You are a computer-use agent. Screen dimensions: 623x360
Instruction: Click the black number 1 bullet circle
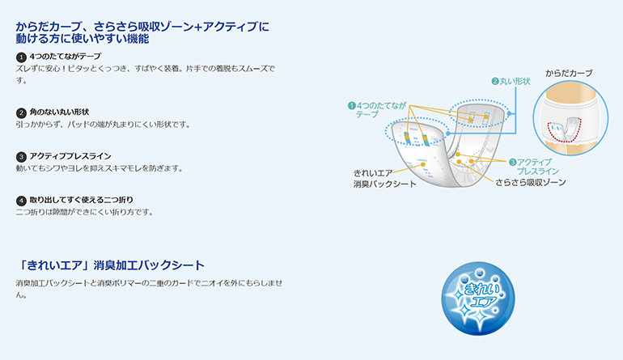coord(21,57)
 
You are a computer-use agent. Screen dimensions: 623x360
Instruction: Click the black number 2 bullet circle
coord(21,112)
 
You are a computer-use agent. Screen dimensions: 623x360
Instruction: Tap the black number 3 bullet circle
coord(21,157)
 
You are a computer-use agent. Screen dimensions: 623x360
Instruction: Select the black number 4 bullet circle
coord(21,201)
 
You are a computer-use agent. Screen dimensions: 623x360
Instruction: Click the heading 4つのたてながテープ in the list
coord(66,57)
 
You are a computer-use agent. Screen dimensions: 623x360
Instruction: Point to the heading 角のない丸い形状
coord(59,112)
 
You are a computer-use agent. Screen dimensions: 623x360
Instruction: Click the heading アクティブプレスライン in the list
coord(70,156)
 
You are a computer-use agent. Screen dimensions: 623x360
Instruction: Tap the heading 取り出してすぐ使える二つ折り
coord(82,200)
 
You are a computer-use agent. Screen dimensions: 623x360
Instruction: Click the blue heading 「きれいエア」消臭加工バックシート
coord(111,265)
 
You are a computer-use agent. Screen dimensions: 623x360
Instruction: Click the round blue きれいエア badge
coord(478,298)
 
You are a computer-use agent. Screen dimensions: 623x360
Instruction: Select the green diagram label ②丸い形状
coord(511,82)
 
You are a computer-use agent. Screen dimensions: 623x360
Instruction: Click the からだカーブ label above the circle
coord(569,73)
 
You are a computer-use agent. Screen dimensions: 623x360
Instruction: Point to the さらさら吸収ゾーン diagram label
coord(531,182)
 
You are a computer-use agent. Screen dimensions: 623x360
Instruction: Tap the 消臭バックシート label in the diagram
coord(384,184)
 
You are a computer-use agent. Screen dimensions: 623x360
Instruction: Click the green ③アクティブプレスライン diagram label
coord(534,167)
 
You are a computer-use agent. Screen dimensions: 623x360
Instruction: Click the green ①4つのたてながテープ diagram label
coord(377,110)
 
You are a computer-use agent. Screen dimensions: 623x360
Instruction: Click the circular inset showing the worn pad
coord(570,118)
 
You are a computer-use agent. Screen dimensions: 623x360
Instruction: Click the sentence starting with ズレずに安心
coord(146,74)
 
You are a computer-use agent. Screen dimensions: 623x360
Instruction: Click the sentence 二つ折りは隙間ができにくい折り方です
coord(85,212)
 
